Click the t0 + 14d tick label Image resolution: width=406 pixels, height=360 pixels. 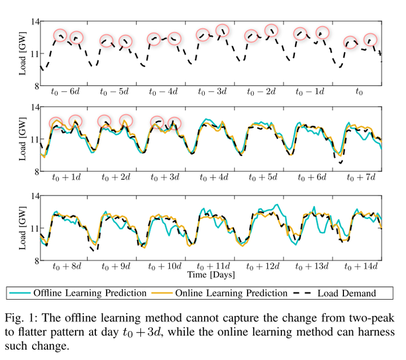pos(360,266)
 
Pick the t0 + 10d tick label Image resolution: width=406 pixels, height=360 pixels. pos(165,266)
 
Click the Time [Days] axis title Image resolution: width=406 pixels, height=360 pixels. pos(211,275)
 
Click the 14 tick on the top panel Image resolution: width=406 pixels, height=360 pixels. pos(35,21)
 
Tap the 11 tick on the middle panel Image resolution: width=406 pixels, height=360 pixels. pos(35,139)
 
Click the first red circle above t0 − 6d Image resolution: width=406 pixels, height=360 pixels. pos(60,35)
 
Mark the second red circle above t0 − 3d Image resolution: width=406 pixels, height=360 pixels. pos(222,30)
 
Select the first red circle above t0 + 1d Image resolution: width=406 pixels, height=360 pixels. pos(56,123)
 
